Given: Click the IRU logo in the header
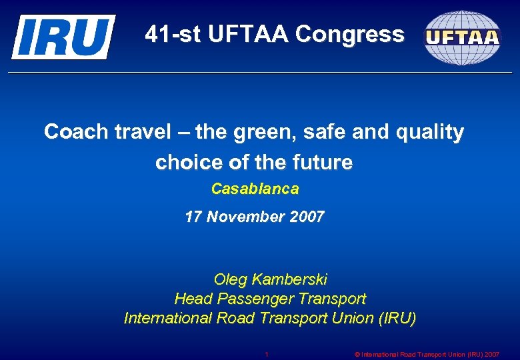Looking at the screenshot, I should point(63,37).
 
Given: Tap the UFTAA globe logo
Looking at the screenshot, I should point(462,37).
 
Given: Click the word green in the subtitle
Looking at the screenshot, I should point(267,132).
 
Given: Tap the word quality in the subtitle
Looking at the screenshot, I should point(430,132).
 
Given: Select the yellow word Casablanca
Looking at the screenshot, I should point(255,189).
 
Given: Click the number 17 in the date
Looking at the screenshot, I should point(193,217).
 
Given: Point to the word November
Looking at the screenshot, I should point(244,217).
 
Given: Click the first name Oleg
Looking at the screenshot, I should point(229,279).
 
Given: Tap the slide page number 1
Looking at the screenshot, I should point(267,354).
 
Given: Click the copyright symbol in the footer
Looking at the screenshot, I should point(357,354).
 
